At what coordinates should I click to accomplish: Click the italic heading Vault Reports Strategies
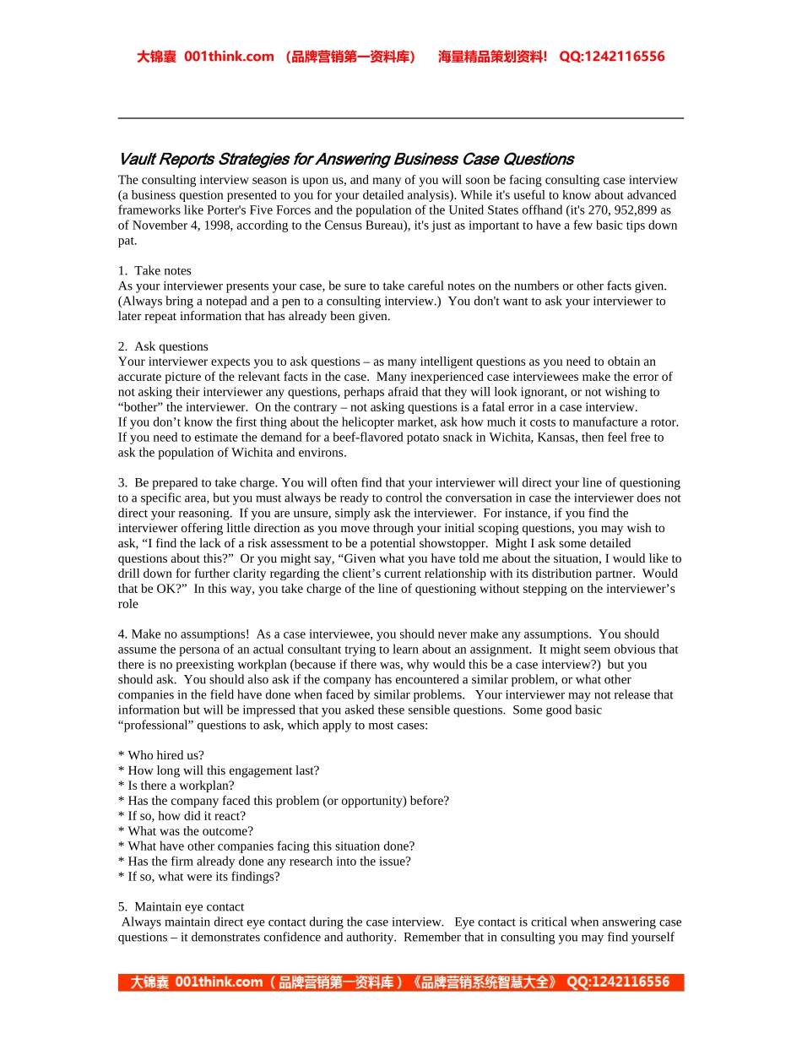tap(345, 160)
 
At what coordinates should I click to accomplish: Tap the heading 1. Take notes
tap(154, 271)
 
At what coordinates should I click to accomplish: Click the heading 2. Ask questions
tap(163, 347)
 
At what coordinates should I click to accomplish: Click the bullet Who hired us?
tap(161, 756)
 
